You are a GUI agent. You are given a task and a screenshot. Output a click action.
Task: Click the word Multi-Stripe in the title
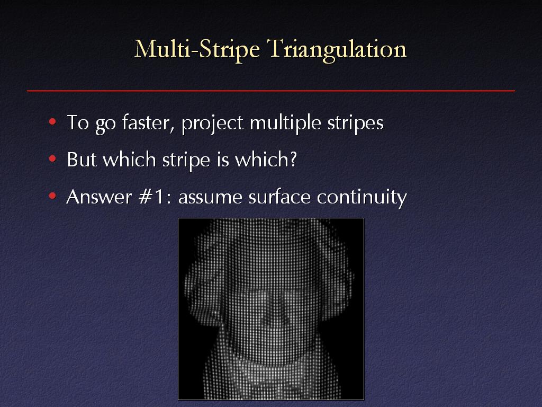click(197, 49)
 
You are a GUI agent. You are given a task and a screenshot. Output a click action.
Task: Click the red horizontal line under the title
click(271, 91)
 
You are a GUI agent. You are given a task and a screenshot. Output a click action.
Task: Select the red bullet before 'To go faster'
click(52, 122)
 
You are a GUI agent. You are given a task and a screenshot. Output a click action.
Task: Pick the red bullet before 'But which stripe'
click(52, 159)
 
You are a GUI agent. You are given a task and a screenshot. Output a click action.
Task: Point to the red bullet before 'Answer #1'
click(52, 196)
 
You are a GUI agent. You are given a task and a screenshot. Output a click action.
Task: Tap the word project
click(212, 123)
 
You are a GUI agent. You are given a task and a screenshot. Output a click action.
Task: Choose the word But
click(82, 159)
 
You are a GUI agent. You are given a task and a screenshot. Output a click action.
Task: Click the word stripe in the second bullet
click(186, 160)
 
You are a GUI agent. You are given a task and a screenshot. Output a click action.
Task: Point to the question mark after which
click(293, 159)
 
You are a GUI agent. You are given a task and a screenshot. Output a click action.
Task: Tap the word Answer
click(99, 197)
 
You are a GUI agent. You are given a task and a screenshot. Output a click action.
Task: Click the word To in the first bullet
click(78, 122)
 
